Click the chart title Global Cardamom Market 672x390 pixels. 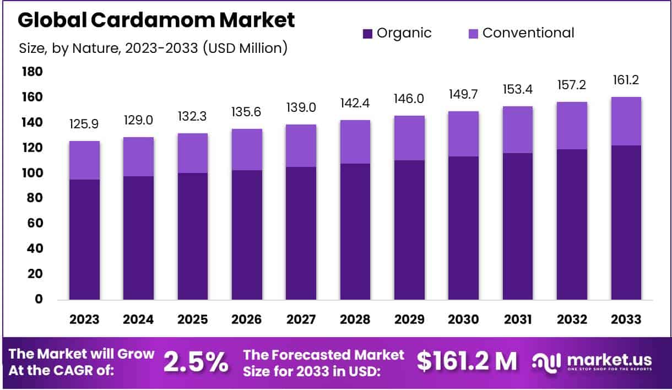click(x=156, y=20)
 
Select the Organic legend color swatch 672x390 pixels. click(x=368, y=34)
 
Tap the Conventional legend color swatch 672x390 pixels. click(x=473, y=34)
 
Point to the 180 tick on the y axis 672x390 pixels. click(x=32, y=72)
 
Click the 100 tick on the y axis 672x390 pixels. click(x=32, y=173)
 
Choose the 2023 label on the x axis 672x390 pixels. click(x=84, y=319)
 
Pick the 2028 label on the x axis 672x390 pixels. click(x=355, y=319)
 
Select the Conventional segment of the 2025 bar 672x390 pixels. click(x=193, y=153)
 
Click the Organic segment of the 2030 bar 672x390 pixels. click(x=464, y=228)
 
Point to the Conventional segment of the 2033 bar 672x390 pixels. click(x=626, y=121)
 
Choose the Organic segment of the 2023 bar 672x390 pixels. click(x=84, y=240)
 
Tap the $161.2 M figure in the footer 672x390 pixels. click(x=467, y=361)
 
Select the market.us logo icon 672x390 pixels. click(x=546, y=361)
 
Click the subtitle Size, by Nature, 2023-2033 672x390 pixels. click(x=153, y=48)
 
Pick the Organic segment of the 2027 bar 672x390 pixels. click(x=301, y=234)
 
